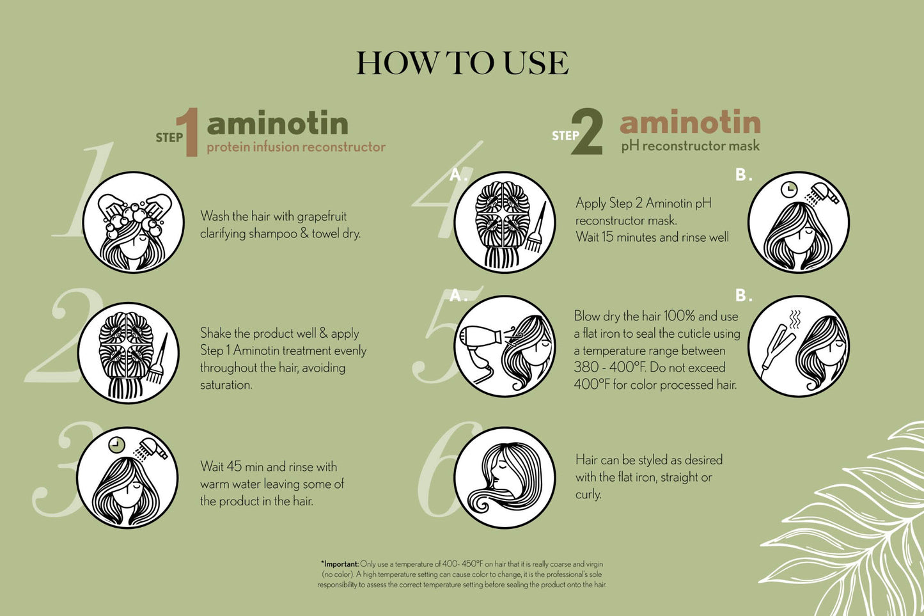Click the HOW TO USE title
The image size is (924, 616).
point(462,63)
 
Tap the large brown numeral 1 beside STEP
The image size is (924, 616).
point(189,132)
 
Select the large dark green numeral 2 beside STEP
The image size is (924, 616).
point(587,132)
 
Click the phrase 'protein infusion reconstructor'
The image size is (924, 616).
point(296,147)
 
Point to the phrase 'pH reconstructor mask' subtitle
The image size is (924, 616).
point(690,146)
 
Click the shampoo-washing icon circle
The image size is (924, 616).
point(133,222)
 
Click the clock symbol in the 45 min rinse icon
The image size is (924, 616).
point(116,445)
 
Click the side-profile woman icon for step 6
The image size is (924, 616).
point(504,477)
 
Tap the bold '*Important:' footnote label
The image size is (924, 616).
point(340,564)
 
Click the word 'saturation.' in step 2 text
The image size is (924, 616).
point(226,385)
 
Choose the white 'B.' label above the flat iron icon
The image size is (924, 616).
point(744,296)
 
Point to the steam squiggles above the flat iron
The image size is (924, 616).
point(794,320)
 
